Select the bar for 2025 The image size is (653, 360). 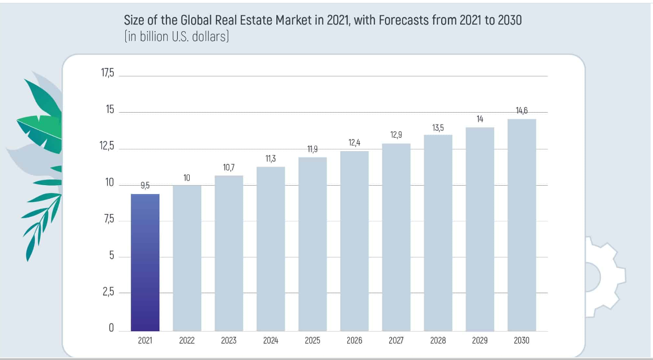(313, 244)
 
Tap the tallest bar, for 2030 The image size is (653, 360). (522, 225)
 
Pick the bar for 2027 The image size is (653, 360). (396, 237)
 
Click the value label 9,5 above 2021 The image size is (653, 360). (145, 185)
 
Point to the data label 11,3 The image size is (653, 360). (271, 159)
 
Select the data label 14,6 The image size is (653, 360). (522, 110)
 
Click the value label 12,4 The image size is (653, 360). (355, 143)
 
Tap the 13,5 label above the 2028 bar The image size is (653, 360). (438, 128)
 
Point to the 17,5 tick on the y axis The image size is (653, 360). (108, 74)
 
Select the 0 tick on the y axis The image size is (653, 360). (111, 328)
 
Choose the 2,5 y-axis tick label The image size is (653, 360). (108, 293)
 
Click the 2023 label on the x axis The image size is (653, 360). (229, 341)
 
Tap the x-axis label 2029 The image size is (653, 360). (480, 341)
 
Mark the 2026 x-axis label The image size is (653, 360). (355, 341)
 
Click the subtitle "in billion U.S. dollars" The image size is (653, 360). (176, 37)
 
